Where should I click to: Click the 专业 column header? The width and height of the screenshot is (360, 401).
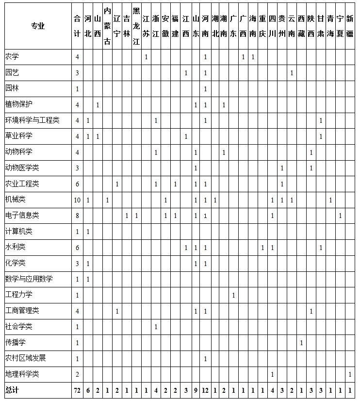[x=37, y=26]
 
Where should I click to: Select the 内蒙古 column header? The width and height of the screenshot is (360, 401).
[x=107, y=26]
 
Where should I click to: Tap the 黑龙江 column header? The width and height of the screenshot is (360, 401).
[x=136, y=26]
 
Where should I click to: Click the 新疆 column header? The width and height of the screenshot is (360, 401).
[x=350, y=26]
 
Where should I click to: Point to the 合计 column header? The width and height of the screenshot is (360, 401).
[x=77, y=26]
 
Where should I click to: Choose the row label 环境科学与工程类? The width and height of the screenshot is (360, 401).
[x=32, y=120]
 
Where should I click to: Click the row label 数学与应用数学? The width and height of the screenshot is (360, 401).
[x=29, y=279]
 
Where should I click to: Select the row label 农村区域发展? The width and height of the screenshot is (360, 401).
[x=25, y=358]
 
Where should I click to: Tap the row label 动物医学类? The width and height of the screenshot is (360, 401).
[x=22, y=168]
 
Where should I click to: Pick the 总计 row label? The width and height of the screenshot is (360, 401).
[x=12, y=390]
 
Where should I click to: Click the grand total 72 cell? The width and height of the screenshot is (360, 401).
[x=77, y=390]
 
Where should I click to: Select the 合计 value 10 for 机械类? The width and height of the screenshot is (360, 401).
[x=77, y=200]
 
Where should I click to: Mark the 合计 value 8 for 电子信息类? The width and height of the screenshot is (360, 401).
[x=77, y=216]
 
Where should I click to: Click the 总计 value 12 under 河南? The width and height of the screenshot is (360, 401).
[x=205, y=390]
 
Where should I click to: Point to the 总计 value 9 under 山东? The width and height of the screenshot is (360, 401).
[x=195, y=390]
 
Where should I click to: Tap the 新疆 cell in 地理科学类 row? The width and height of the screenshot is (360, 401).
[x=350, y=374]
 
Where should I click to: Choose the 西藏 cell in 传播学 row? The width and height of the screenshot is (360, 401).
[x=301, y=343]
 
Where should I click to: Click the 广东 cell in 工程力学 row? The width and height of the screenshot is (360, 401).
[x=233, y=295]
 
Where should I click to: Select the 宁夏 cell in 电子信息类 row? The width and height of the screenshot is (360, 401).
[x=340, y=216]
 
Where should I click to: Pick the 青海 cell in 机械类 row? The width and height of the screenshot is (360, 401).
[x=330, y=200]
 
